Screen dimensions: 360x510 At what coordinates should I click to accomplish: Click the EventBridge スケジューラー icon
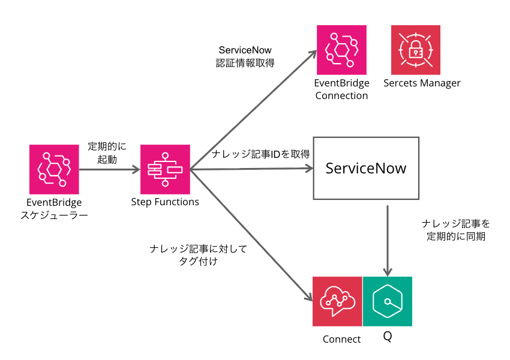[x=54, y=169]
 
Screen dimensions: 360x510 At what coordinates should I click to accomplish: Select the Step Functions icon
[x=165, y=169]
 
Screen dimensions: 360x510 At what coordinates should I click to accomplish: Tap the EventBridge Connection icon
[x=341, y=50]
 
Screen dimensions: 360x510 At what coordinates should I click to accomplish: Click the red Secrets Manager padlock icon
[x=416, y=50]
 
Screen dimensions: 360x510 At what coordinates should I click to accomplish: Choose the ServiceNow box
[x=365, y=168]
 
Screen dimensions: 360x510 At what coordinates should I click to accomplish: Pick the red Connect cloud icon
[x=337, y=301]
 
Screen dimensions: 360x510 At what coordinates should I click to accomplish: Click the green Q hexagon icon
[x=388, y=301]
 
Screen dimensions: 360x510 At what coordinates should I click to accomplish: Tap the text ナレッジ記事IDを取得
[x=260, y=154]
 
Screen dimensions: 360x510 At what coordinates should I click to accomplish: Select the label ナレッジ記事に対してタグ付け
[x=198, y=254]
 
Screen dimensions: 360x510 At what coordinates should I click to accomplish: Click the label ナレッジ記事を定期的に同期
[x=456, y=230]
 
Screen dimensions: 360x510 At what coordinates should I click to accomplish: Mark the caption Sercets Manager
[x=422, y=83]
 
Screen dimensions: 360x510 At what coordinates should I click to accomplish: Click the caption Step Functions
[x=165, y=202]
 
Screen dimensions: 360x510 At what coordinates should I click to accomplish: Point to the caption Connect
[x=341, y=339]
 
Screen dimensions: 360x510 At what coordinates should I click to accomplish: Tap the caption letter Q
[x=388, y=337]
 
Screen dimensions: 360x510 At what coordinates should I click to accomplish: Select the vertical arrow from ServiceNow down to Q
[x=388, y=240]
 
